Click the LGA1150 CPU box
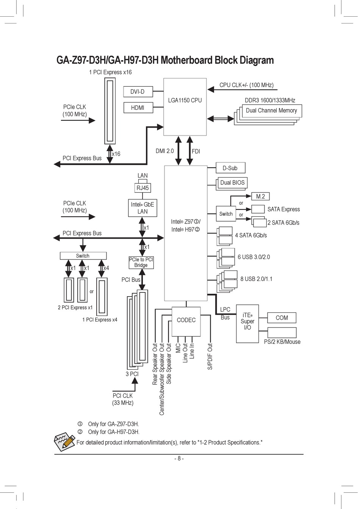(x=185, y=107)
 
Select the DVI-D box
(x=138, y=92)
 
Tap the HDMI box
(x=138, y=108)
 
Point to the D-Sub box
(x=230, y=168)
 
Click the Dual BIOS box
(x=232, y=183)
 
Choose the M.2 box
(x=260, y=196)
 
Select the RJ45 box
(x=142, y=188)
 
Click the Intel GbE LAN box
(x=142, y=208)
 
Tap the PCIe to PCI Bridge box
(x=141, y=262)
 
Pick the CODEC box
(x=186, y=322)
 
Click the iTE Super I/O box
(x=247, y=323)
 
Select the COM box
(x=282, y=318)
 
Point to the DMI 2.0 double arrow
(x=178, y=151)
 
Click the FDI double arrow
(x=190, y=151)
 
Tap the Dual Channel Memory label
(x=271, y=111)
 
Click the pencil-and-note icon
(x=64, y=442)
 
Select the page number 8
(x=179, y=459)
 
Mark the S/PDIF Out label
(x=210, y=356)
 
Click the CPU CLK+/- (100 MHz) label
(x=246, y=85)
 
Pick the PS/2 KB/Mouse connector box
(x=282, y=333)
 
